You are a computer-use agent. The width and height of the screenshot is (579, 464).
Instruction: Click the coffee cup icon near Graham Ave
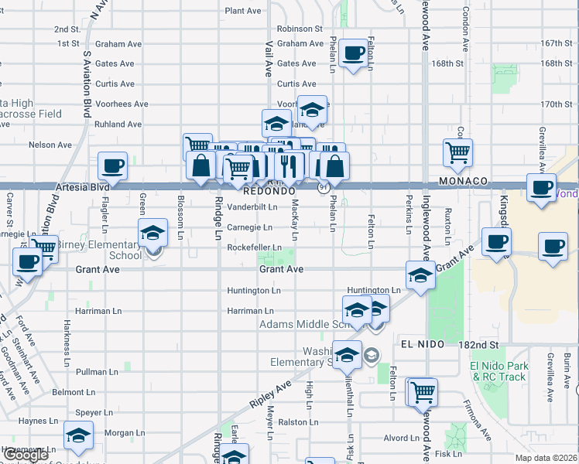click(x=354, y=54)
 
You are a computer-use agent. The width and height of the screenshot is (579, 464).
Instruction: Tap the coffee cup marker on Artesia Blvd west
click(x=113, y=166)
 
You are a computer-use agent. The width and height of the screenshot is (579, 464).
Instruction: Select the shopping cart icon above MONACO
click(x=458, y=152)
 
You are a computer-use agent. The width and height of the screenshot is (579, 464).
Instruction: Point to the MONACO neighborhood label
click(x=463, y=181)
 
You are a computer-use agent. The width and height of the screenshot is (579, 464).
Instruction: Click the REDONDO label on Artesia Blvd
click(x=269, y=190)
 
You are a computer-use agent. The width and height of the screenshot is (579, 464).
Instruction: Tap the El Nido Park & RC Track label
click(x=498, y=371)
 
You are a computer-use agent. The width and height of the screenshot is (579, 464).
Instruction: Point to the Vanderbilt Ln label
click(x=252, y=207)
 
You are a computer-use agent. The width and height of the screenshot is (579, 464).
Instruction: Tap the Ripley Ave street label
click(x=270, y=394)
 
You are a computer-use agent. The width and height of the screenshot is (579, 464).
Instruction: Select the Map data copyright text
click(x=546, y=458)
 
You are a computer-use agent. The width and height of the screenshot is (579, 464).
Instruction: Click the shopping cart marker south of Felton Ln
click(x=423, y=392)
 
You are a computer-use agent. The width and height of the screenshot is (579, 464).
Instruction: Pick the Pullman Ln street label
click(x=98, y=372)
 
